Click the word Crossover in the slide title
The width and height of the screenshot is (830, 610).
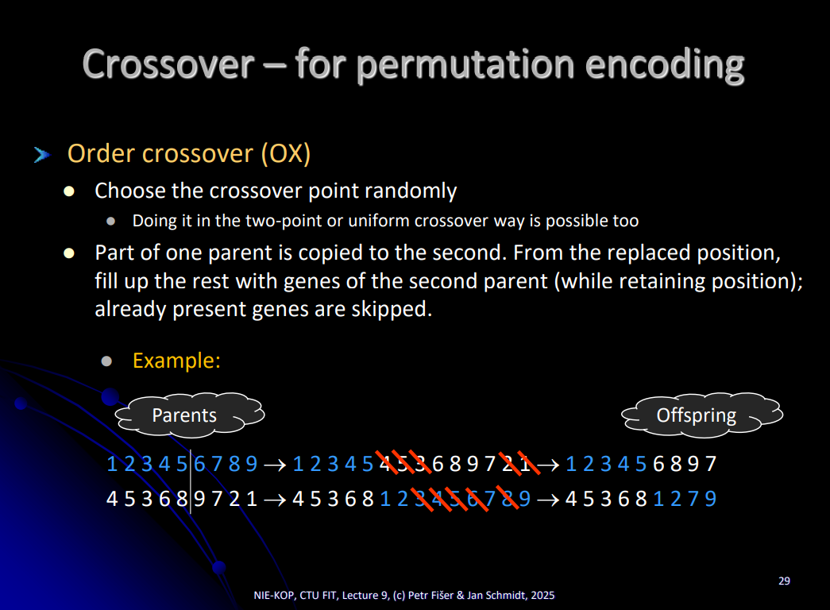tap(168, 64)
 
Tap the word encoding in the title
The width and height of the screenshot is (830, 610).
tap(664, 66)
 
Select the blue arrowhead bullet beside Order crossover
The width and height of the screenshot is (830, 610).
tap(42, 155)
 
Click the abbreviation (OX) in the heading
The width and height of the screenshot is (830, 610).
tap(285, 154)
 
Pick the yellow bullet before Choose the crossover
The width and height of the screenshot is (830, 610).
tap(69, 191)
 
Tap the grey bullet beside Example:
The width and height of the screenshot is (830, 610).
tap(106, 361)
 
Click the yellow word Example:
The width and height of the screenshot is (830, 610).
tap(176, 361)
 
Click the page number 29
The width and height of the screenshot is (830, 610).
tap(784, 581)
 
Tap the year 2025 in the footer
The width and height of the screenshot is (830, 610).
tap(542, 595)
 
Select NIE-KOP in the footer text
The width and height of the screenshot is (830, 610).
tap(274, 595)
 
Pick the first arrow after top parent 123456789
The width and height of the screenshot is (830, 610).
tap(275, 465)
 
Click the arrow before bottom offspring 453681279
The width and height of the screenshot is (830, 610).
tap(548, 500)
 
